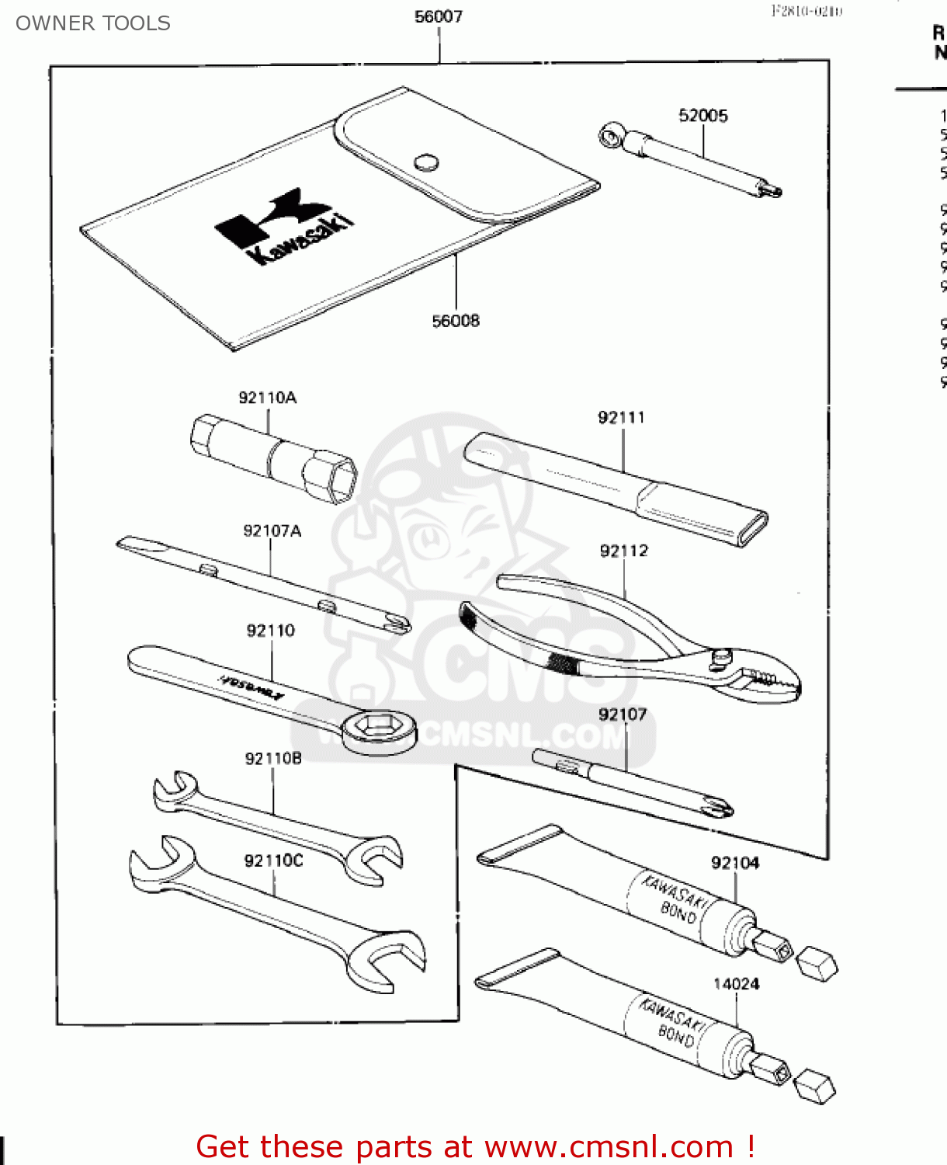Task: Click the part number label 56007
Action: point(439,16)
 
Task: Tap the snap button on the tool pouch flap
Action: point(426,162)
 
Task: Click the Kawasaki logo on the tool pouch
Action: point(283,225)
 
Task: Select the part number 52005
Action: point(703,116)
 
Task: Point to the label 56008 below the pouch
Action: point(456,321)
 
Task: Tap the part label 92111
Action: point(621,418)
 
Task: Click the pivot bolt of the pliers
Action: point(722,656)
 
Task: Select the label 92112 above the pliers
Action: point(623,551)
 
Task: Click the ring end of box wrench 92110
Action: point(379,729)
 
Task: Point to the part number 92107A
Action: point(272,531)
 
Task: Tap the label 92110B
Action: point(273,759)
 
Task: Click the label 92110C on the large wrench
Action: point(273,861)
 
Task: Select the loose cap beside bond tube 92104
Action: point(817,964)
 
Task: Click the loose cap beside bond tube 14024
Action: point(816,1084)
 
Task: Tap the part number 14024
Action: point(736,984)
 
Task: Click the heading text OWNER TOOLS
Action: point(93,23)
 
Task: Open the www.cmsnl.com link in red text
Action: point(609,1146)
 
